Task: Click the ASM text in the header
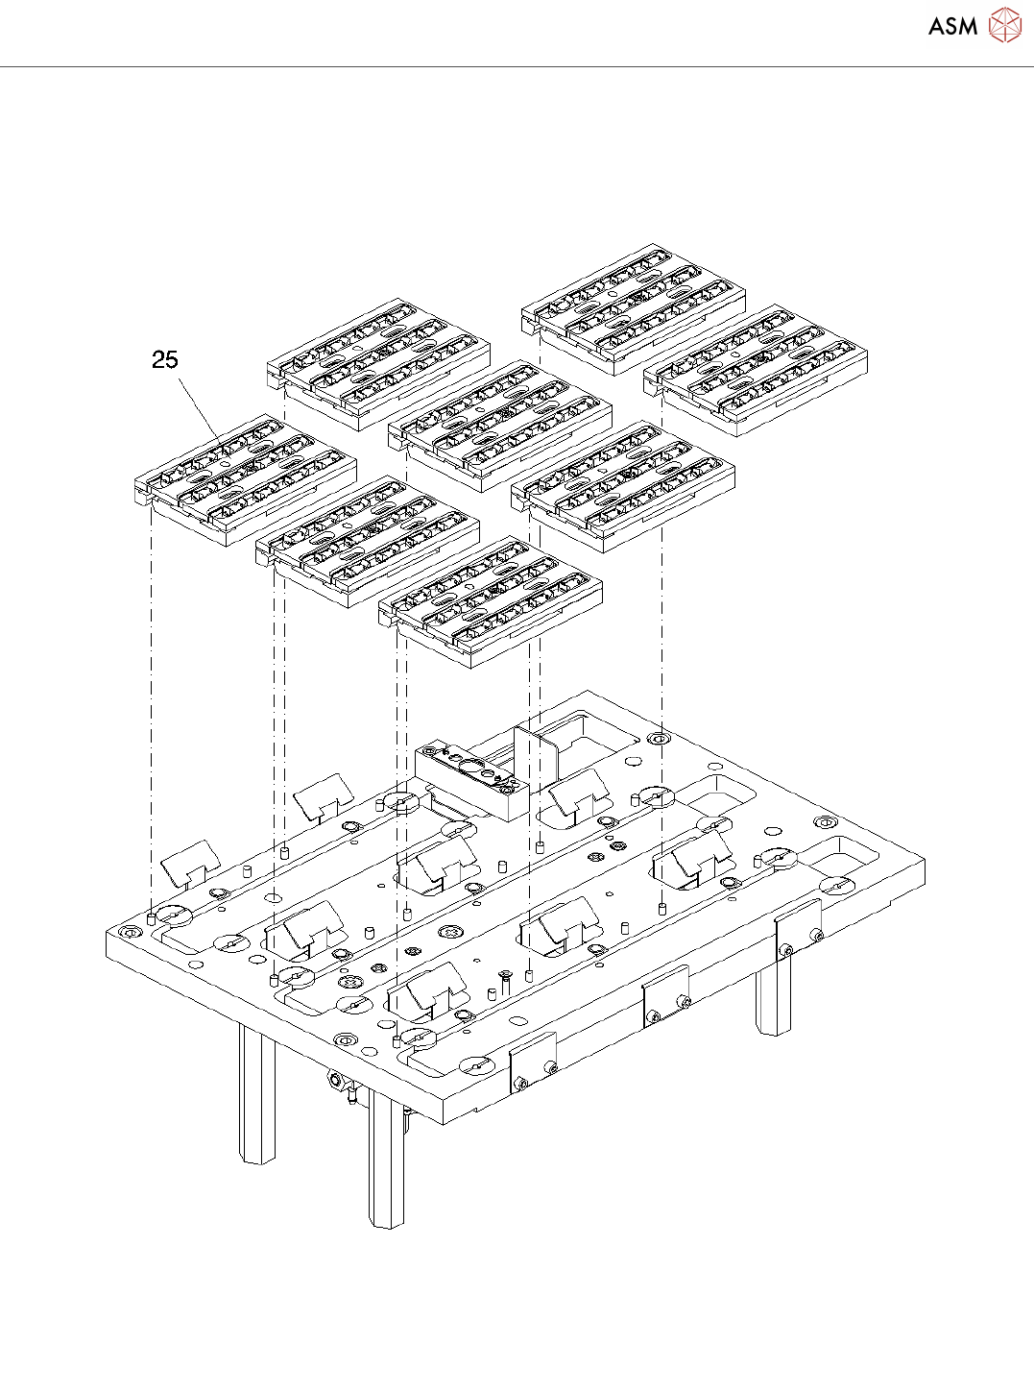click(x=951, y=27)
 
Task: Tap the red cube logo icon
click(x=1005, y=26)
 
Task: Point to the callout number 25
click(x=165, y=359)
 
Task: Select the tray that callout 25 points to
click(x=245, y=480)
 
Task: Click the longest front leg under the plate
click(x=387, y=1162)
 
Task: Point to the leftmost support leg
click(x=256, y=1095)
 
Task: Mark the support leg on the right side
click(x=773, y=999)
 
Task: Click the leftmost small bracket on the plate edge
click(x=533, y=1062)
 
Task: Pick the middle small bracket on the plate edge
click(x=665, y=995)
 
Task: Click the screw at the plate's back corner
click(x=658, y=739)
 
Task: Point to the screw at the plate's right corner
click(x=825, y=823)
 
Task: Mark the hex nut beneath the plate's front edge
click(x=337, y=1080)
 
